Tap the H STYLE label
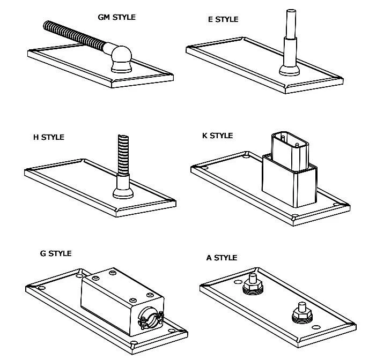pyautogui.click(x=48, y=137)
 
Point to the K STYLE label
pyautogui.click(x=217, y=136)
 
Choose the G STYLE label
pyautogui.click(x=55, y=253)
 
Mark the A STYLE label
pyautogui.click(x=222, y=258)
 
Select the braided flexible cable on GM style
pyautogui.click(x=75, y=37)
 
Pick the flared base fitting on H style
pyautogui.click(x=123, y=190)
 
